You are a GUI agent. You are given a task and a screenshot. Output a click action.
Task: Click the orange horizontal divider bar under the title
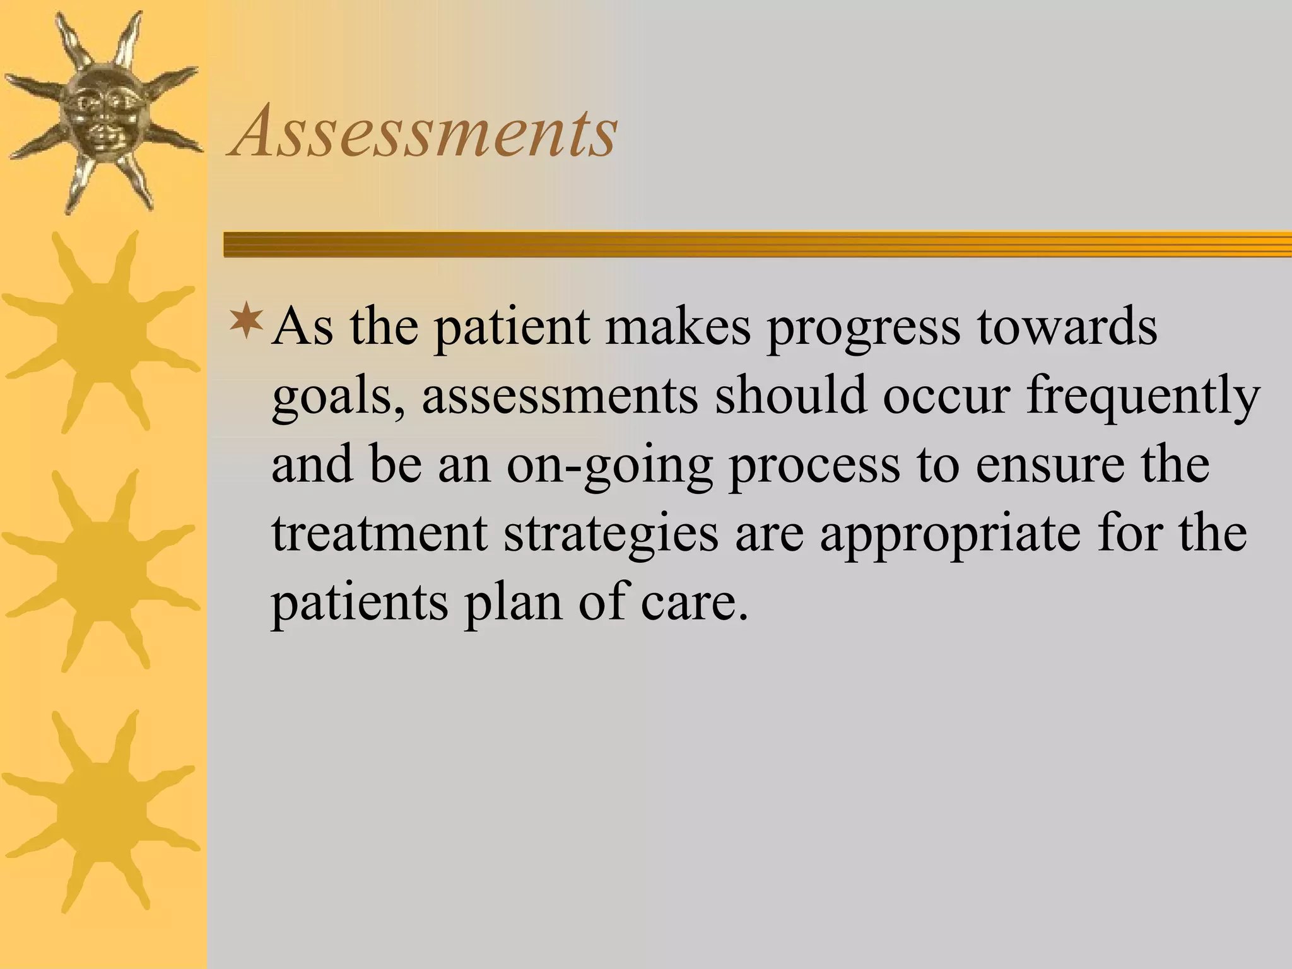(x=757, y=244)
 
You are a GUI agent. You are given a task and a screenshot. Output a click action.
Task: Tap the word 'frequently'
(x=1142, y=399)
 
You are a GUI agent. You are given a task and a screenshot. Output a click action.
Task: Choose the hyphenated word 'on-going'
(x=609, y=467)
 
